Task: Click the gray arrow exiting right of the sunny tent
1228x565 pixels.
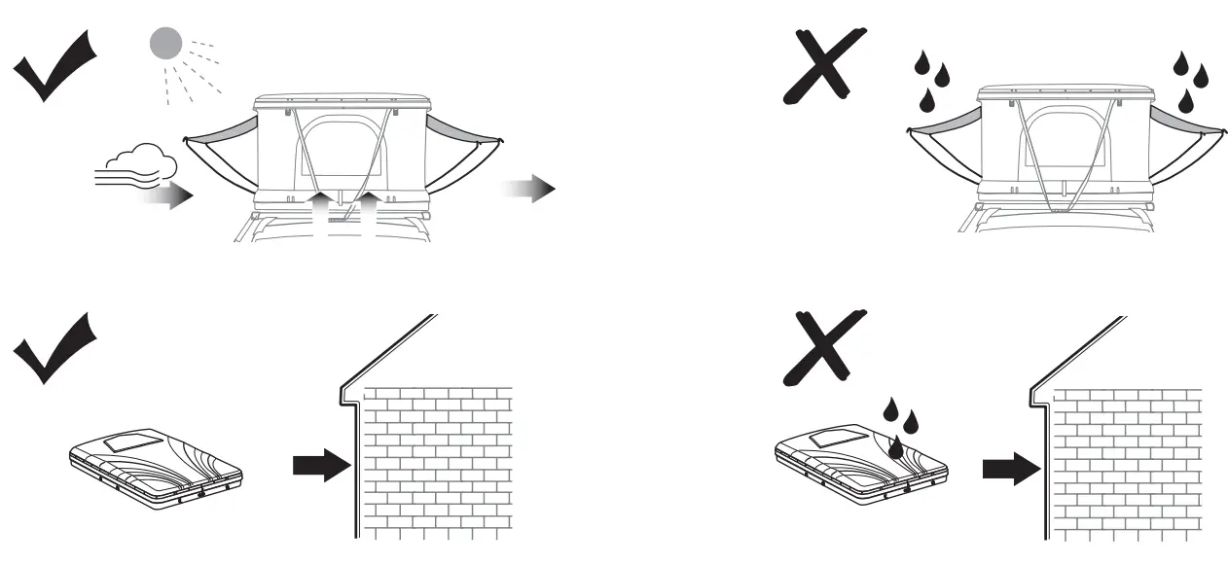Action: pos(529,189)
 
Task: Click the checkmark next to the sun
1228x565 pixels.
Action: pos(55,65)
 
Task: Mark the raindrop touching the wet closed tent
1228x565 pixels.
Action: pos(896,446)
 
